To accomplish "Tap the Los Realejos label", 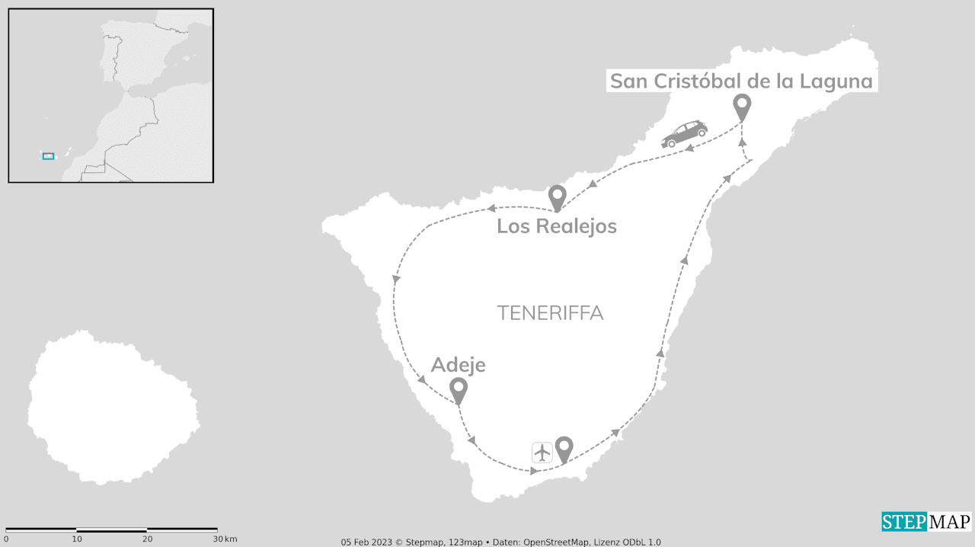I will tap(556, 226).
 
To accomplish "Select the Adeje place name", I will tap(458, 366).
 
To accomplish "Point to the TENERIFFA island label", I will tap(550, 313).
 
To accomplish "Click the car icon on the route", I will tap(684, 134).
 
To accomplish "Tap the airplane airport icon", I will tap(542, 452).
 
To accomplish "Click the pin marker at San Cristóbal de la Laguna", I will tap(741, 107).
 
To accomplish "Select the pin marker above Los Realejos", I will tap(557, 197).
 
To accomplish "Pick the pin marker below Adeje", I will tap(458, 390).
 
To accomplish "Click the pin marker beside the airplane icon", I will tap(564, 448).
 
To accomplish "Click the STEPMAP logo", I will tap(926, 522).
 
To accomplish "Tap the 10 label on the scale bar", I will tap(77, 539).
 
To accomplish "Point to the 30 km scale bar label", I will tap(225, 539).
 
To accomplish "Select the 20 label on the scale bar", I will tap(147, 539).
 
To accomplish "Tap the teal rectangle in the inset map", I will tap(48, 155).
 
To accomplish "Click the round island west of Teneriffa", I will tap(113, 408).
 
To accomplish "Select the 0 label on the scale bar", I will tap(6, 539).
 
